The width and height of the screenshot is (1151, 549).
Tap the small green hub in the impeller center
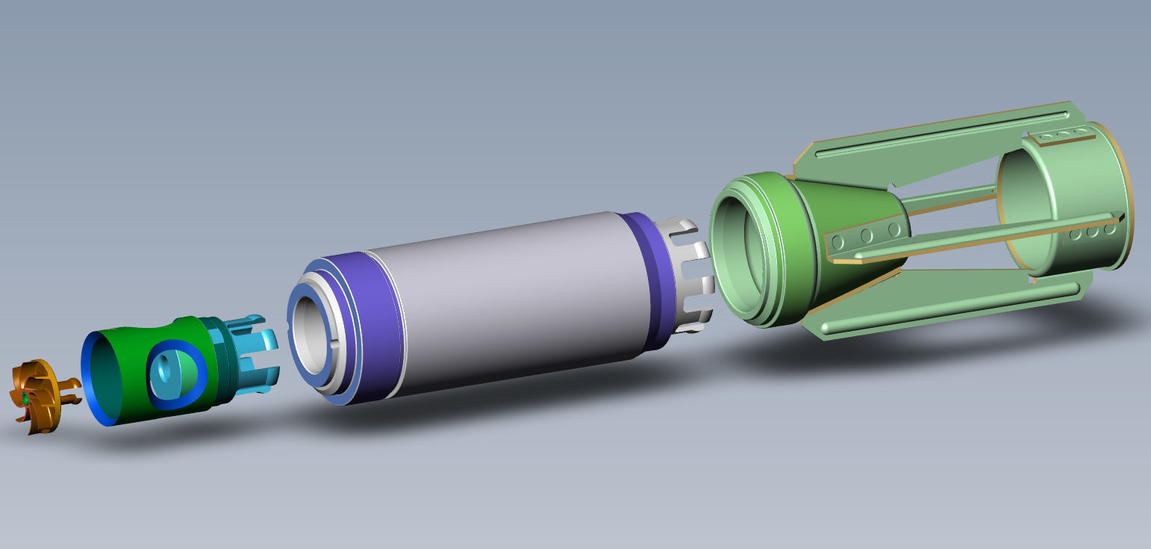click(x=25, y=400)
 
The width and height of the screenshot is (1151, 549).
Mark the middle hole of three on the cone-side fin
click(x=866, y=236)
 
